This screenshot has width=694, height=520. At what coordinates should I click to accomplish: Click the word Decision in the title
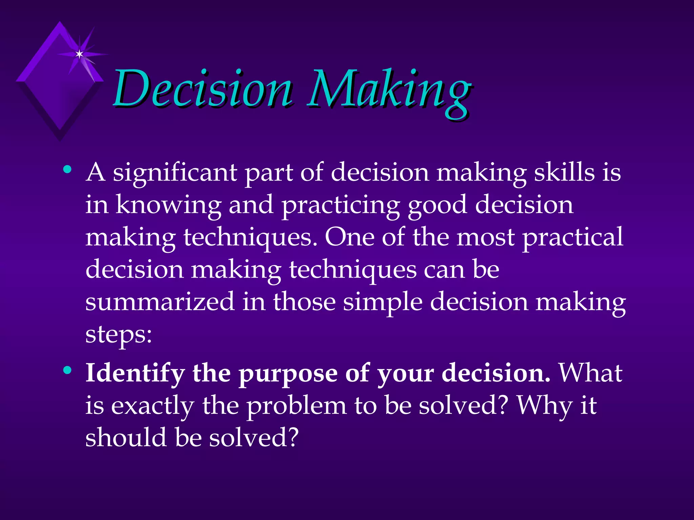coord(202,89)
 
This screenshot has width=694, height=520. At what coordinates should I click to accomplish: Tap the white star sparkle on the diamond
coord(79,54)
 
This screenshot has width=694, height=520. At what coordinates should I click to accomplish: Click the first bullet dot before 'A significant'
coord(67,169)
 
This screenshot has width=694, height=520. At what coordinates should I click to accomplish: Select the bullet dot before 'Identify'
coord(67,370)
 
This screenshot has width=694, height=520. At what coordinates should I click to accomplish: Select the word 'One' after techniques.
coord(349,237)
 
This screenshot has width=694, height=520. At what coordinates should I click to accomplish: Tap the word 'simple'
coord(383,302)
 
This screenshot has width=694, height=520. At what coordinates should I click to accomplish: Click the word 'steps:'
coord(119,335)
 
